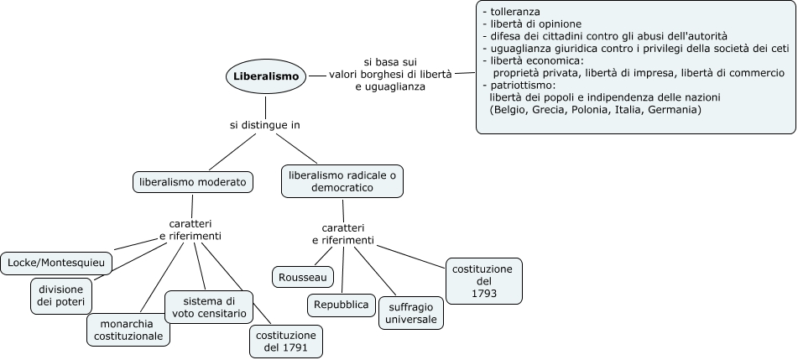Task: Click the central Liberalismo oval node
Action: (265, 76)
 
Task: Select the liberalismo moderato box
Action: (192, 181)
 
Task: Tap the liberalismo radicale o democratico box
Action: (342, 182)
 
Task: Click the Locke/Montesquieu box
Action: (56, 263)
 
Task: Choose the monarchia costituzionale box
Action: (128, 329)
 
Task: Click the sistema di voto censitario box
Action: (210, 308)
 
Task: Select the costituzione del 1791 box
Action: (285, 342)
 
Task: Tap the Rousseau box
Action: (303, 276)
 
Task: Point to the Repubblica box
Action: (341, 305)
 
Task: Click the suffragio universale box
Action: (411, 312)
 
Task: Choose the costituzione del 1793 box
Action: (484, 280)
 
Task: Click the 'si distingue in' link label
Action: (265, 124)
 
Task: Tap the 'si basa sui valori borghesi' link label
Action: (390, 75)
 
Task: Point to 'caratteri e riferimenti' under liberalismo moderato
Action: (190, 230)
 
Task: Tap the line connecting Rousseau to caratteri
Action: (326, 257)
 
